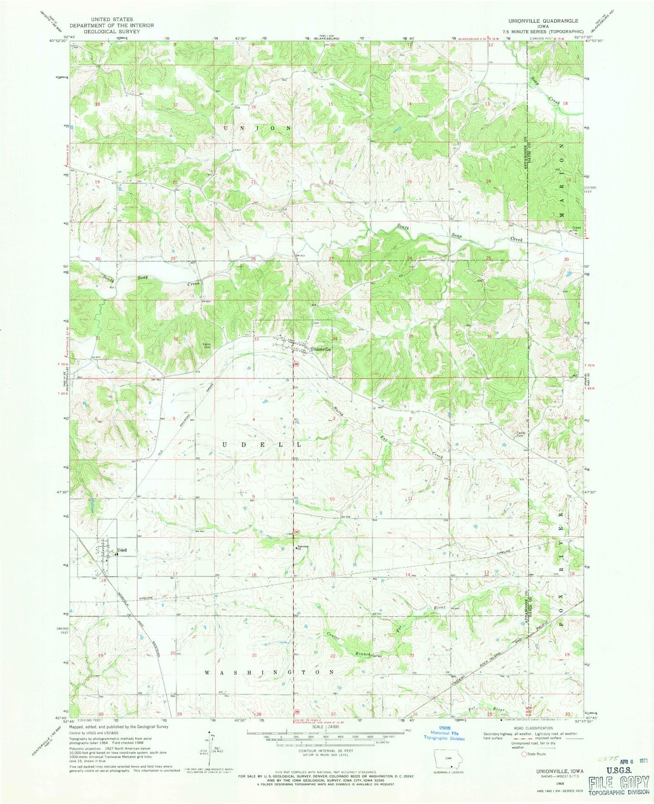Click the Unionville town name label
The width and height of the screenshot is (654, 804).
coord(321,349)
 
